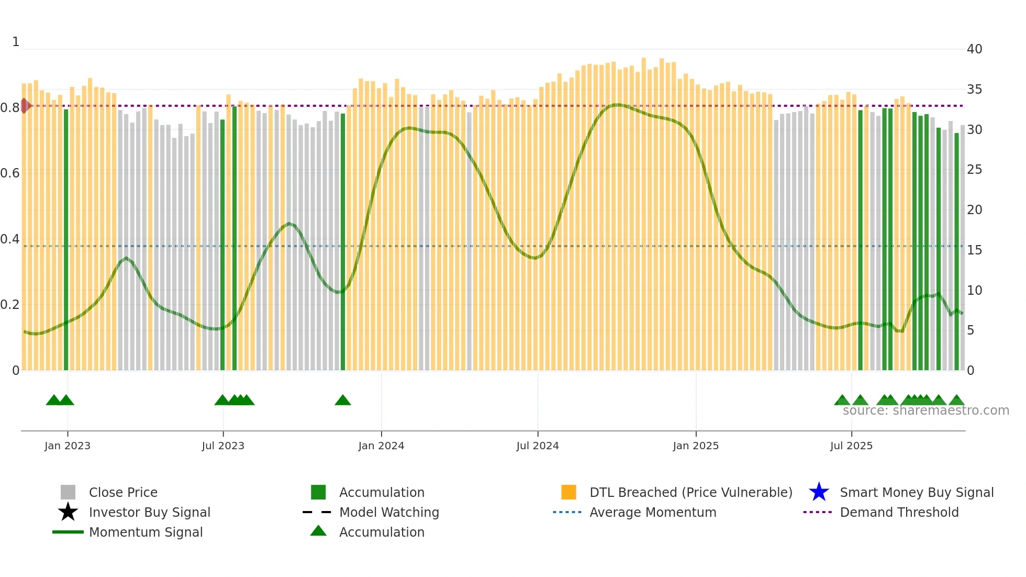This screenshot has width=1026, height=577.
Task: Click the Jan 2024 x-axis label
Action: [x=381, y=446]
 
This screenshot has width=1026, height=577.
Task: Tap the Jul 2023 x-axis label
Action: [x=223, y=446]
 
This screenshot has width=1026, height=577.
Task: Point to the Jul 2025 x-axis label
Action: [x=851, y=446]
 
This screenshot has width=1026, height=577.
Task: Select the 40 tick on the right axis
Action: [x=974, y=49]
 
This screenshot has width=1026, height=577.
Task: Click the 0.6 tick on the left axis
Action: [x=10, y=173]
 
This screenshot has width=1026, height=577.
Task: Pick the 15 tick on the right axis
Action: [x=974, y=250]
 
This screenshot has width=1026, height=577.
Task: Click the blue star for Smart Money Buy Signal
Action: [x=819, y=492]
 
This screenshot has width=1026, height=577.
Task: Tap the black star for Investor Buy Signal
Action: [x=68, y=512]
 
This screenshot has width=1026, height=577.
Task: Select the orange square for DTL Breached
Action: [x=568, y=492]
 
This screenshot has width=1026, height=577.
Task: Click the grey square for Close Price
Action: [x=68, y=492]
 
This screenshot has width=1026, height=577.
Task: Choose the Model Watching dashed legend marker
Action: [x=317, y=512]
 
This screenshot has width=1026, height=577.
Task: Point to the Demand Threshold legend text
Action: [x=899, y=512]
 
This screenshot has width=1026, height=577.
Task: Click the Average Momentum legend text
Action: [x=652, y=512]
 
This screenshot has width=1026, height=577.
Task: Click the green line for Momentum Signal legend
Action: [x=68, y=532]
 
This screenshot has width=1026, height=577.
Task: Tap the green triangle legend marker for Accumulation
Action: [x=318, y=531]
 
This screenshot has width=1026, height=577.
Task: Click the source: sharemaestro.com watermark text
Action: [x=925, y=410]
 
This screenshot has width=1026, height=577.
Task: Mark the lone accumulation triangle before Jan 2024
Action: [x=343, y=401]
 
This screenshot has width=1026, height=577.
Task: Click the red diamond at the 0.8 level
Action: [x=25, y=106]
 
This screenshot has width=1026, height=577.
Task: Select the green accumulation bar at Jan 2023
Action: [x=66, y=236]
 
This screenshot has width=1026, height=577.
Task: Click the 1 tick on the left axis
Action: [x=16, y=42]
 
